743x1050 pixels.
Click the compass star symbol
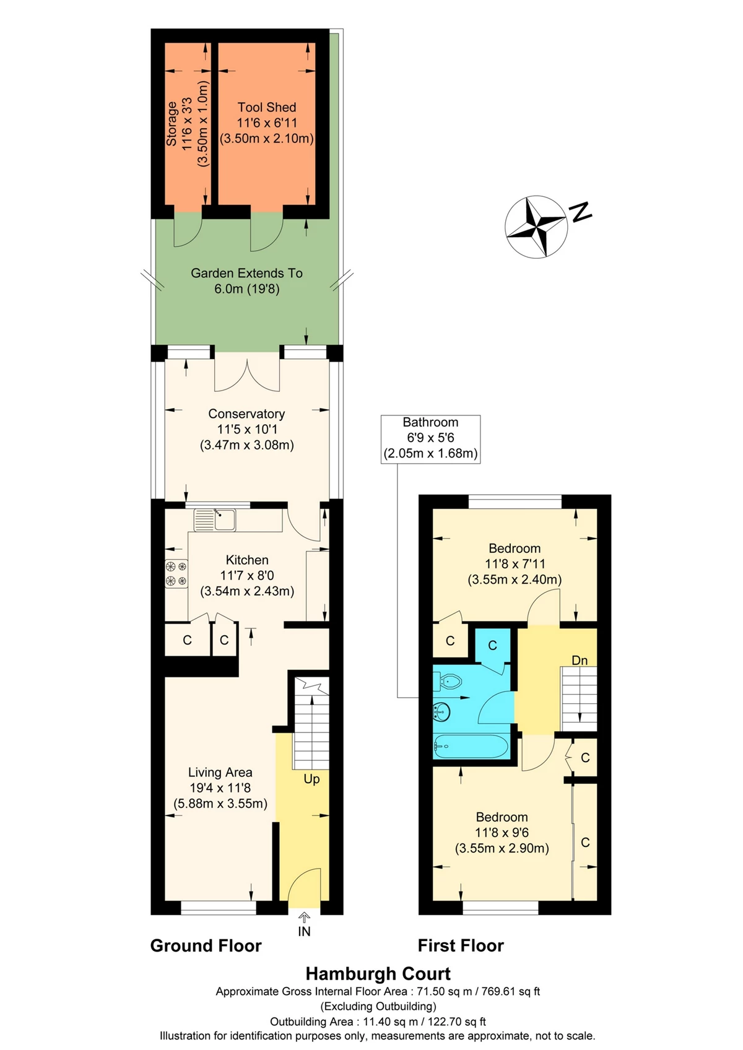click(x=536, y=227)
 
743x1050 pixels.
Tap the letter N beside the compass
click(x=580, y=211)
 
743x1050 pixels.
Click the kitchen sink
click(x=215, y=519)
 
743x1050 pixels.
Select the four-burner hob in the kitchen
click(x=176, y=573)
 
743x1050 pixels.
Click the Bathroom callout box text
click(x=430, y=438)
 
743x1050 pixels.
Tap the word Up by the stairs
click(x=311, y=779)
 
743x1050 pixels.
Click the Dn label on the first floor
click(x=580, y=660)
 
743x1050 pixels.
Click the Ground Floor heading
click(x=206, y=945)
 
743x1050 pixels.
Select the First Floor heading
click(x=461, y=945)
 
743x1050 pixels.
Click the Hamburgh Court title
click(x=378, y=974)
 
